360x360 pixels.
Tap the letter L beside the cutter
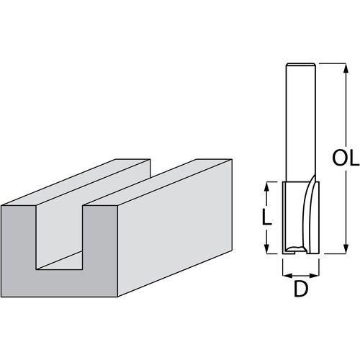click(x=266, y=217)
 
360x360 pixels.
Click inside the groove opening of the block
click(x=60, y=238)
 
